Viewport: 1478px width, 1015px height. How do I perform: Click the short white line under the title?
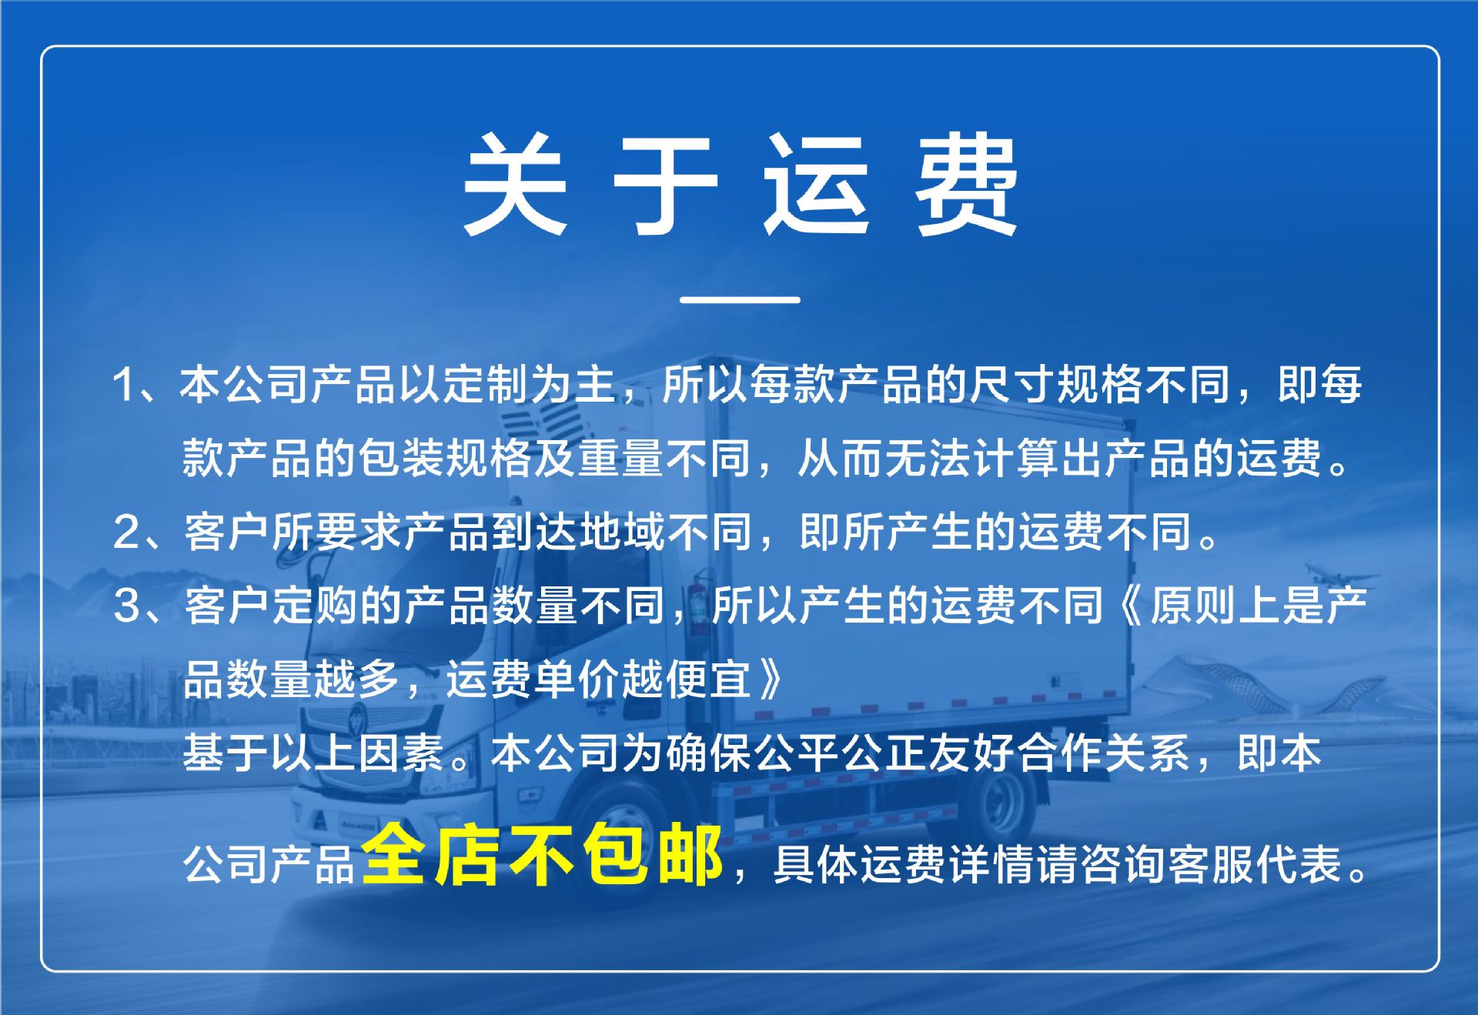pyautogui.click(x=740, y=299)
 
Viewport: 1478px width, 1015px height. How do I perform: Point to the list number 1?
pyautogui.click(x=124, y=385)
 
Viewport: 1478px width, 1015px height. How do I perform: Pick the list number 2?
pyautogui.click(x=125, y=532)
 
